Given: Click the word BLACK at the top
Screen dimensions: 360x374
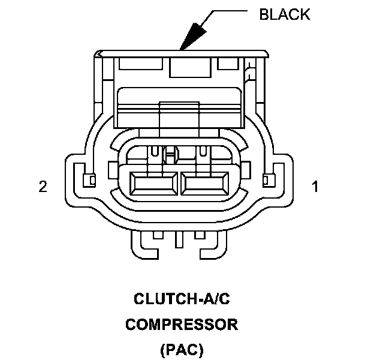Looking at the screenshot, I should (x=284, y=14).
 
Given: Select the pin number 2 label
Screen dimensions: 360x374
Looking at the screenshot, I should (x=43, y=187).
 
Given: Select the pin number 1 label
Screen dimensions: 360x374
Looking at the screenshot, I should (x=315, y=187).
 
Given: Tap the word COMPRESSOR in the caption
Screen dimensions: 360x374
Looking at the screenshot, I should (x=182, y=325).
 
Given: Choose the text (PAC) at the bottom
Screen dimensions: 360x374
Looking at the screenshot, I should (x=182, y=349).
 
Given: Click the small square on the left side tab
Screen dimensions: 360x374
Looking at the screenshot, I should (x=91, y=179).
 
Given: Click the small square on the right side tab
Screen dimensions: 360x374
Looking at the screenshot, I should (x=268, y=178).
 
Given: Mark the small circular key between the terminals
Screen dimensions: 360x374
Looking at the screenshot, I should (x=170, y=157).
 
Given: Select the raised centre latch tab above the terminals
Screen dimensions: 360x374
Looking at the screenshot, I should (x=180, y=114).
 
